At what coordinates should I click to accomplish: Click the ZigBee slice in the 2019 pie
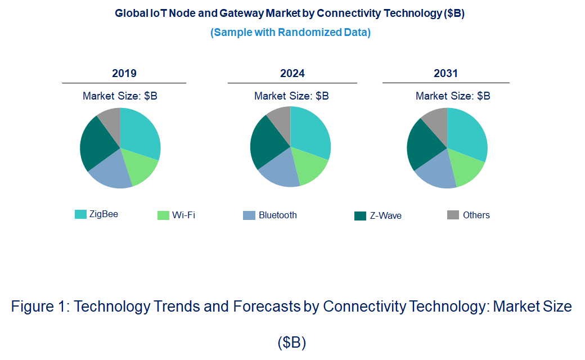tap(139, 135)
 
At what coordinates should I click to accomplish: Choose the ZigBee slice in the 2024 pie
tap(310, 135)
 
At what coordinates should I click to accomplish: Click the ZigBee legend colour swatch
tap(81, 214)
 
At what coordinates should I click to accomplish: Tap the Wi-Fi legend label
tap(183, 215)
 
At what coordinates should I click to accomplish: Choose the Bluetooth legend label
tap(277, 215)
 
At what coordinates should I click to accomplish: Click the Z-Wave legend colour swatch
tap(360, 215)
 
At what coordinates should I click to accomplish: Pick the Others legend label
tap(476, 215)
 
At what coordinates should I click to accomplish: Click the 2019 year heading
tap(124, 73)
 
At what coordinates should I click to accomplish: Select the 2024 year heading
tap(292, 73)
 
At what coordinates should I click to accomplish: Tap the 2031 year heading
tap(445, 73)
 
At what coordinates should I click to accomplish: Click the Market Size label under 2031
tap(452, 96)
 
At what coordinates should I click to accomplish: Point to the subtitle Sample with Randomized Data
tap(290, 32)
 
